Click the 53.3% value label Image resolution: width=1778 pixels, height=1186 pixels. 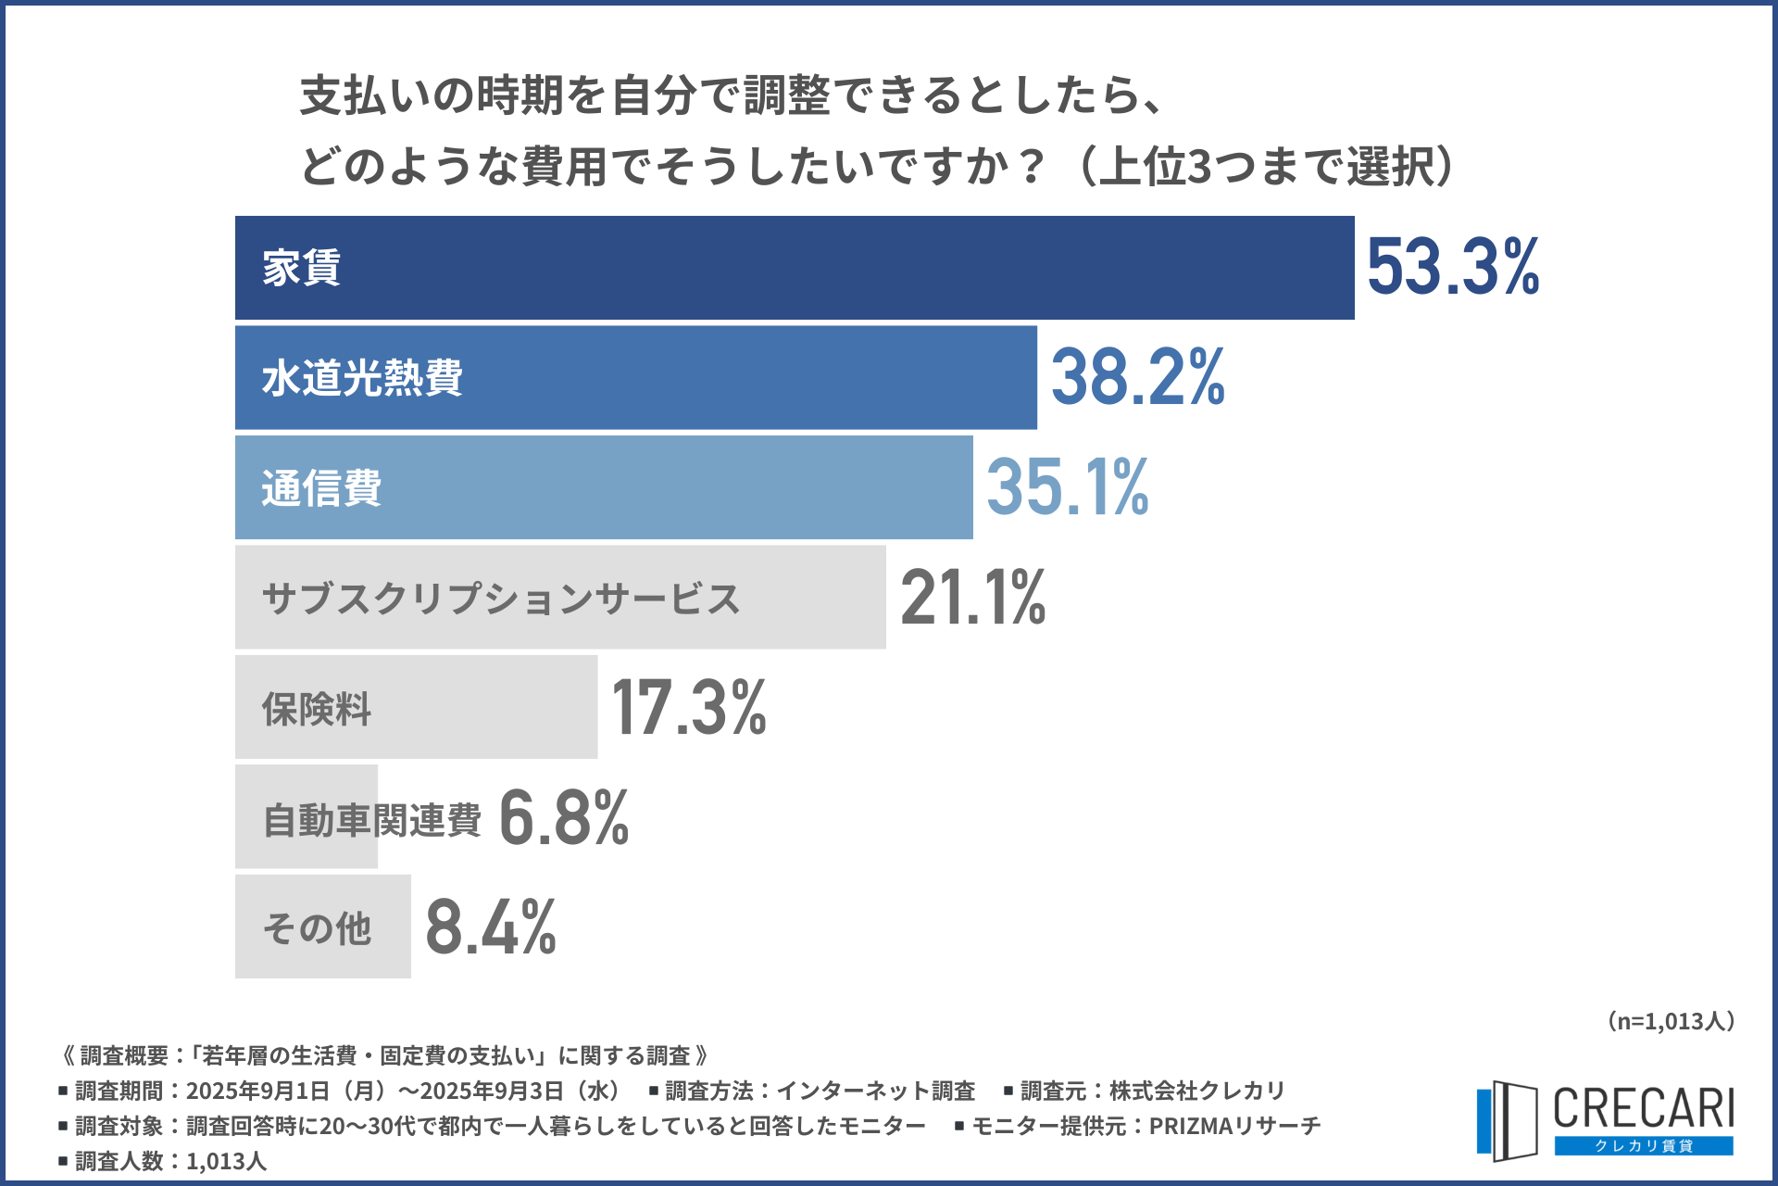click(x=1452, y=267)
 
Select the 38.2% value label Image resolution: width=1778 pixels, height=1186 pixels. click(x=1137, y=377)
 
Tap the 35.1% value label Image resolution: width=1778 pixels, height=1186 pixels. click(x=1067, y=487)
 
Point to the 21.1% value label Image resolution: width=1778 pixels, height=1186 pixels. click(x=972, y=598)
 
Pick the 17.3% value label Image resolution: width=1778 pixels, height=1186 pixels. click(x=689, y=708)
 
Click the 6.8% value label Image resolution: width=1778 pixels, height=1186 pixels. click(x=563, y=817)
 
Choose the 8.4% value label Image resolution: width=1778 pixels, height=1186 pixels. click(x=491, y=927)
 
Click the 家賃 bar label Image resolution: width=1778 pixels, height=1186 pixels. click(x=302, y=268)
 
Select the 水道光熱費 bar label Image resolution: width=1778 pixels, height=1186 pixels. click(x=362, y=378)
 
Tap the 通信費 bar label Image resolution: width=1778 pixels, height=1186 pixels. click(x=321, y=488)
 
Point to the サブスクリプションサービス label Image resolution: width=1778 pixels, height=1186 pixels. click(x=501, y=599)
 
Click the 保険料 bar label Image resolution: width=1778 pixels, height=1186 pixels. click(x=317, y=709)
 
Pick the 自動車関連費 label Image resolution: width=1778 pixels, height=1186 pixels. click(x=372, y=819)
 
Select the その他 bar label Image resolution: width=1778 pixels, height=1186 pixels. click(x=317, y=928)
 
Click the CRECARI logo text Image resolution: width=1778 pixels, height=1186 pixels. click(x=1643, y=1108)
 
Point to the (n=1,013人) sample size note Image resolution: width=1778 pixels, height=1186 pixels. click(x=1670, y=1021)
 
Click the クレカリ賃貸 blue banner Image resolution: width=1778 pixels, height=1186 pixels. click(x=1643, y=1146)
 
